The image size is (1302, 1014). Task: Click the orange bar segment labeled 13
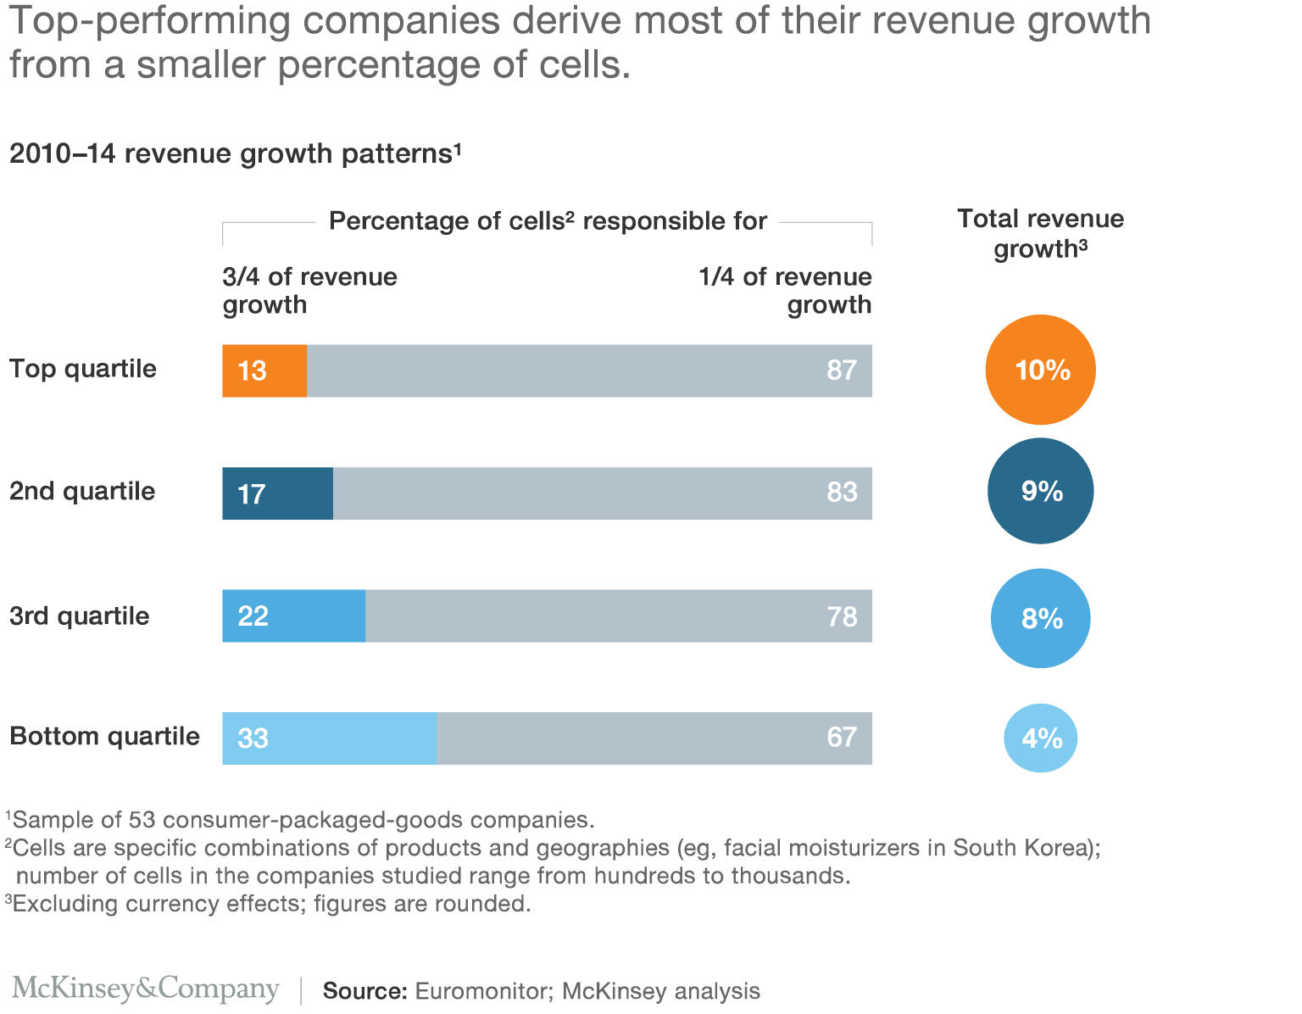[264, 370]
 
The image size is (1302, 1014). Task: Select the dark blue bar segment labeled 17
[277, 493]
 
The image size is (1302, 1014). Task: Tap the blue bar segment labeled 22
[293, 616]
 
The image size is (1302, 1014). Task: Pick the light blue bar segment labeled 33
[329, 738]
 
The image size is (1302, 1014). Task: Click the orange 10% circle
[1040, 370]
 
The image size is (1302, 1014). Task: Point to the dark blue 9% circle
[1040, 491]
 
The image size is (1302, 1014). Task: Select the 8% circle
[1040, 618]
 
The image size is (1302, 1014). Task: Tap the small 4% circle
[1040, 738]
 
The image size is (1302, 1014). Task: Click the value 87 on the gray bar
[841, 370]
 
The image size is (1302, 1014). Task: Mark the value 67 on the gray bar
[841, 738]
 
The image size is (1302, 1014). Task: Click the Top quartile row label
[83, 369]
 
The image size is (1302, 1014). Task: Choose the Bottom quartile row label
[104, 736]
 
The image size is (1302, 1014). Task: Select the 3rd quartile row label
[80, 616]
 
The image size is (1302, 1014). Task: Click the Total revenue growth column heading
[1040, 233]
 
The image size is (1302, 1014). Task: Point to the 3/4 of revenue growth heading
[309, 291]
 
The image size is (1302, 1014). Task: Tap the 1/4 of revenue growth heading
[785, 291]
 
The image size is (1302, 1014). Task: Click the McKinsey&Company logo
[146, 989]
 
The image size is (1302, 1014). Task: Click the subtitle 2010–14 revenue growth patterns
[235, 153]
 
